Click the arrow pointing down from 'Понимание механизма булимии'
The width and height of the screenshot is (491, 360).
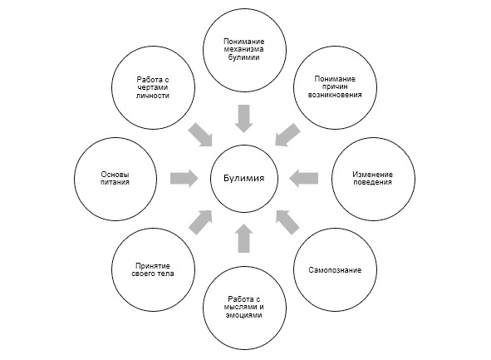click(244, 118)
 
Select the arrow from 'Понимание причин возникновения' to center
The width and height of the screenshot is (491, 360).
click(287, 135)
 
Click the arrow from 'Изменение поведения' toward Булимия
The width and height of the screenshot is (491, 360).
click(304, 178)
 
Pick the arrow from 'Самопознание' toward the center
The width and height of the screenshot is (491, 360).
click(287, 223)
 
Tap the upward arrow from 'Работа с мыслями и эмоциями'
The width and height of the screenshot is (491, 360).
click(244, 238)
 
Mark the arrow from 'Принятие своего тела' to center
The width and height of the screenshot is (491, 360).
click(200, 223)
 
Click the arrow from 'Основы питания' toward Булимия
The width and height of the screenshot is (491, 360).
click(184, 178)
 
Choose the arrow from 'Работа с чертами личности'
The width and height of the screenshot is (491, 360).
click(200, 135)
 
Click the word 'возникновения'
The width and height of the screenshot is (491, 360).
click(335, 95)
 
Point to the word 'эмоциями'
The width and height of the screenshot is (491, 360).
click(244, 315)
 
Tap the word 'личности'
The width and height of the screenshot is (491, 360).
click(153, 96)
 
